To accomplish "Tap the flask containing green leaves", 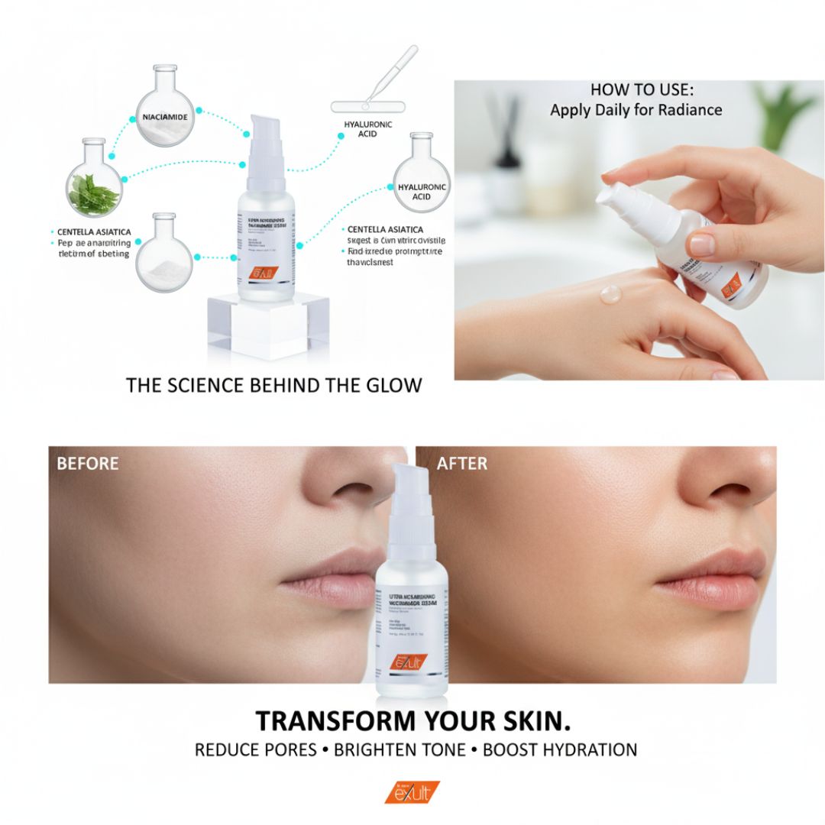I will tap(94, 188).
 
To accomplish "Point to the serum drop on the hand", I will tap(610, 294).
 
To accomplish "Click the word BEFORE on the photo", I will tap(87, 464).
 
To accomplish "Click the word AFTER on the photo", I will tap(461, 464).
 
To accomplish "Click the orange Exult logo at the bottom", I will tap(412, 792).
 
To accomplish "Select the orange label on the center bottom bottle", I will tap(409, 662).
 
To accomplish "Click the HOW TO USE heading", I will tap(636, 89).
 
